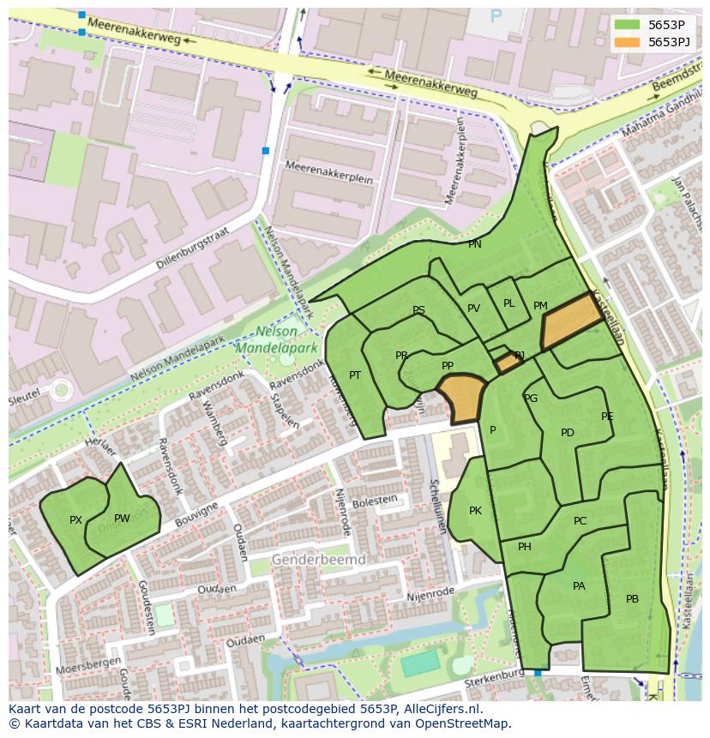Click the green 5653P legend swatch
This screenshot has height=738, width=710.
pyautogui.click(x=627, y=25)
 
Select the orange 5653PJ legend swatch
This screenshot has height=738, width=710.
pyautogui.click(x=627, y=42)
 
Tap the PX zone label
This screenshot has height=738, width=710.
pyautogui.click(x=75, y=520)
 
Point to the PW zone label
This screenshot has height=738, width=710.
pyautogui.click(x=122, y=519)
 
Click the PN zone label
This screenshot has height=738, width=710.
pyautogui.click(x=474, y=244)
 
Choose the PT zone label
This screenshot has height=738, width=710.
pyautogui.click(x=355, y=375)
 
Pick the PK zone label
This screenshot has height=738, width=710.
pyautogui.click(x=475, y=511)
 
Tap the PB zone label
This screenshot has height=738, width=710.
pyautogui.click(x=632, y=599)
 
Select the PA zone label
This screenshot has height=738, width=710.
pyautogui.click(x=579, y=586)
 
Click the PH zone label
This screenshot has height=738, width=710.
pyautogui.click(x=525, y=547)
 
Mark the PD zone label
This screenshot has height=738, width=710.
pyautogui.click(x=567, y=433)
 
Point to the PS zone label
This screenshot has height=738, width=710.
pyautogui.click(x=418, y=310)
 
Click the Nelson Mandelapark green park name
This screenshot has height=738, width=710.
pyautogui.click(x=277, y=340)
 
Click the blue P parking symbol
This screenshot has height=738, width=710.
pyautogui.click(x=496, y=16)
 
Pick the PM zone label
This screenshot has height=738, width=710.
pyautogui.click(x=540, y=306)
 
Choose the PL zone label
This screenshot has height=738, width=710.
pyautogui.click(x=508, y=303)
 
